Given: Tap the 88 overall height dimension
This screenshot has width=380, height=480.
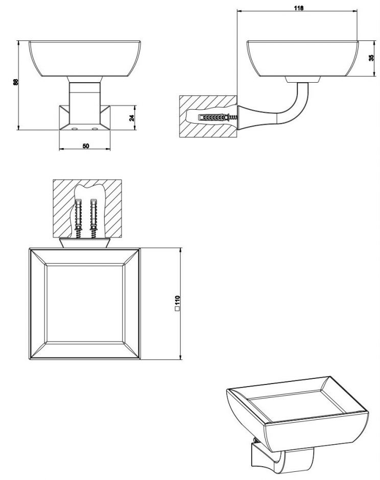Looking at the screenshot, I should tap(16, 82).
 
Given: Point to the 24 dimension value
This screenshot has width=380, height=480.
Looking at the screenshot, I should tap(132, 117).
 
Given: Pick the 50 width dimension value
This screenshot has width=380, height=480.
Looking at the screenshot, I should tap(86, 146).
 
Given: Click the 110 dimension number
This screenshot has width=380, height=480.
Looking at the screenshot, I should tap(177, 300).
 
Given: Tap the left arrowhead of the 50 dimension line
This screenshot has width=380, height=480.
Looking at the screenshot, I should tap(62, 149).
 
